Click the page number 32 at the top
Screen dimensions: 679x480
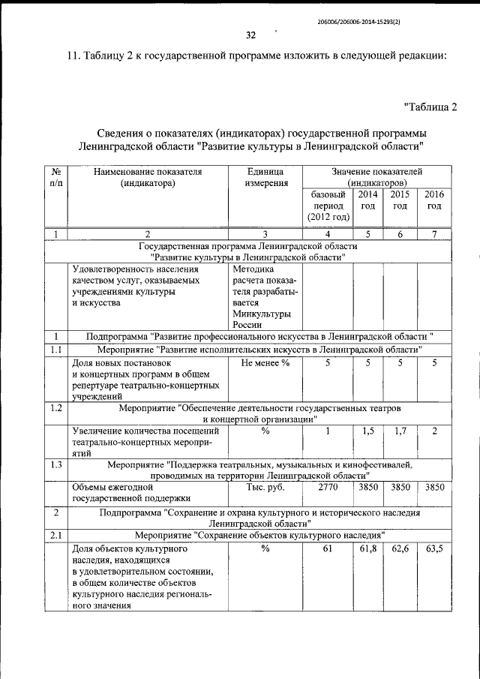251,35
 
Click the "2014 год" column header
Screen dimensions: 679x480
367,200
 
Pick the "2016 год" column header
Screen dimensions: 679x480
434,200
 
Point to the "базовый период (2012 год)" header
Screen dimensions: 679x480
327,206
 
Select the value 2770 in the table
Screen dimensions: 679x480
327,487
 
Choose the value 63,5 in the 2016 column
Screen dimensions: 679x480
434,548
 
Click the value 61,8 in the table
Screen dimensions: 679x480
367,548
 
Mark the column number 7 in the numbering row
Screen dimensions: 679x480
434,234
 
